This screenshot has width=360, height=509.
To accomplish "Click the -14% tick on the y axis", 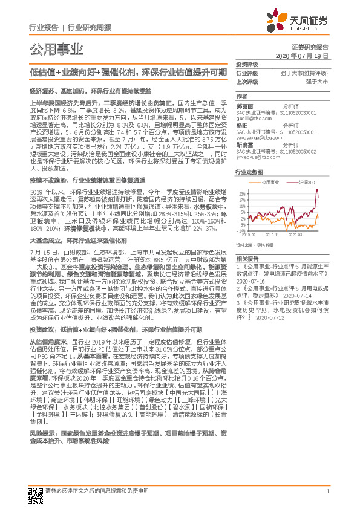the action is coord(241,230).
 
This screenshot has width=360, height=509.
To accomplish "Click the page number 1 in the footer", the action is coord(327,491).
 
